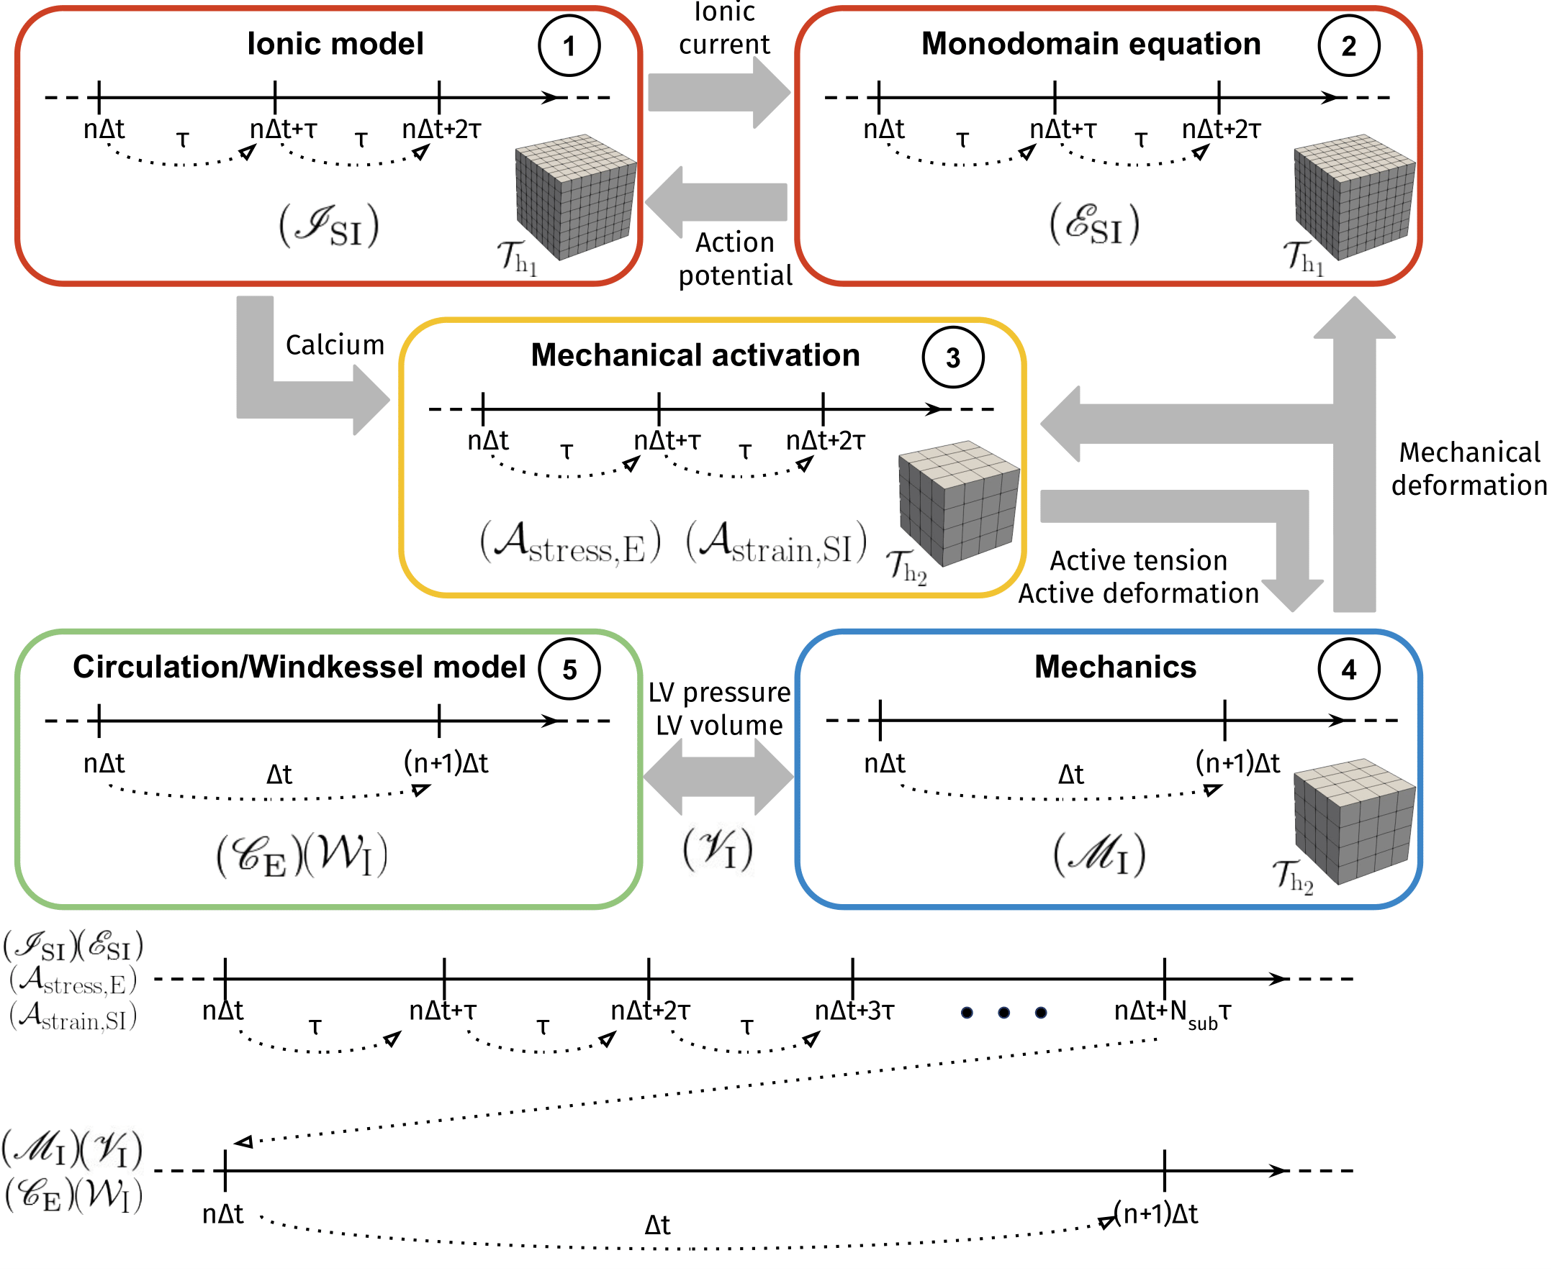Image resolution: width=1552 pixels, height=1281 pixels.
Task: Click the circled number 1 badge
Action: pyautogui.click(x=569, y=46)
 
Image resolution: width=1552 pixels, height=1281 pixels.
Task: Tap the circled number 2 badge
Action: pyautogui.click(x=1348, y=46)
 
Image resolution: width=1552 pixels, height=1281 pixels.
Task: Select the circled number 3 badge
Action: pyautogui.click(x=952, y=357)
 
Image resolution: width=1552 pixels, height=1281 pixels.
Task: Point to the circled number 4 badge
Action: pyautogui.click(x=1348, y=670)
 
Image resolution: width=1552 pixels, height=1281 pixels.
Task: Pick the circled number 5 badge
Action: pyautogui.click(x=569, y=670)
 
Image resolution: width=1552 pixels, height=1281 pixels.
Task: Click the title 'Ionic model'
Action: pyautogui.click(x=335, y=45)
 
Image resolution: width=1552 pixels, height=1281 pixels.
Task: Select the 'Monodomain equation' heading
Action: pyautogui.click(x=1091, y=45)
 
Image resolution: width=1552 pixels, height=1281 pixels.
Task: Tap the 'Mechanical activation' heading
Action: pyautogui.click(x=695, y=355)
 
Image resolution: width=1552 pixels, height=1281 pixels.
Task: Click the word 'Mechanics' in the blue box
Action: pyautogui.click(x=1115, y=667)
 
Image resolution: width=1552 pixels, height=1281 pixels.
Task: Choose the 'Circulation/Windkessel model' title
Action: pyautogui.click(x=299, y=667)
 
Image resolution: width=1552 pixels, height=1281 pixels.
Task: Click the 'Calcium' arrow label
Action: pyautogui.click(x=335, y=345)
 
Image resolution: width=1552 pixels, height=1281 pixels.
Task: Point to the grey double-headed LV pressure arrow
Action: pyautogui.click(x=718, y=776)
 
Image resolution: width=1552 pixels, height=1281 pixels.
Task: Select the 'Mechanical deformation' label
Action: pyautogui.click(x=1468, y=468)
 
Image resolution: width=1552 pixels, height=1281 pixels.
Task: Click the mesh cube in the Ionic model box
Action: pyautogui.click(x=575, y=196)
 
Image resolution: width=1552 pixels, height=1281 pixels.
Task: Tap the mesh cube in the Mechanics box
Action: pyautogui.click(x=1355, y=821)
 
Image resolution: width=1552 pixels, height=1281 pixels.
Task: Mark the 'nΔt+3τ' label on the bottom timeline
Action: pyautogui.click(x=854, y=1010)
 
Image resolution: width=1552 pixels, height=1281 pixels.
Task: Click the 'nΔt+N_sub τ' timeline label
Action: pyautogui.click(x=1172, y=1013)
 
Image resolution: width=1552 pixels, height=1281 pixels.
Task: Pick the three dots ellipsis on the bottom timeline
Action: pyautogui.click(x=1003, y=1013)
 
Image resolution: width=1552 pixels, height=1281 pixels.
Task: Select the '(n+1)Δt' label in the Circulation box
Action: pyautogui.click(x=446, y=763)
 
